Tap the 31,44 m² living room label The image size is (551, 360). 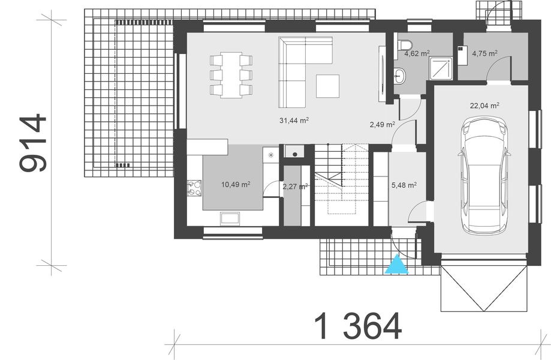click(294, 120)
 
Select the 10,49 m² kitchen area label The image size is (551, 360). click(236, 184)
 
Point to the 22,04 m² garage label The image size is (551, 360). click(485, 105)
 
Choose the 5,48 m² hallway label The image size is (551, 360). click(404, 185)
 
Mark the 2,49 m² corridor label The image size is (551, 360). click(382, 125)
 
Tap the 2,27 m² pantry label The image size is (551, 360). click(294, 186)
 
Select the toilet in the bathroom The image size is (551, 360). click(405, 45)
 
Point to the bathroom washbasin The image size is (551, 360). click(400, 76)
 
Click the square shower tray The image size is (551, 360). click(441, 68)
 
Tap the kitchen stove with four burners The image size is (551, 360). click(194, 188)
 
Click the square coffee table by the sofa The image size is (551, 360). click(327, 85)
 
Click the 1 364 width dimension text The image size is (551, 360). click(357, 327)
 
